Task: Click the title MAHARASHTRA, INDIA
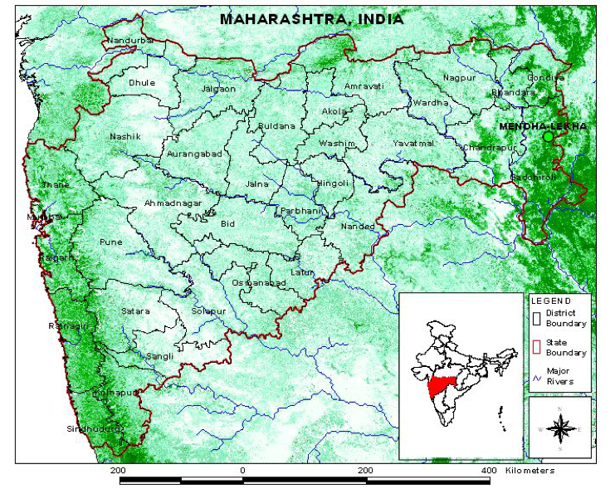pyautogui.click(x=311, y=18)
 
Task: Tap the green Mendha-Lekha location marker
pyautogui.click(x=548, y=136)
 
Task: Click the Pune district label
pyautogui.click(x=110, y=242)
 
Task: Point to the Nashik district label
pyautogui.click(x=125, y=136)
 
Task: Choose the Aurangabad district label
pyautogui.click(x=194, y=154)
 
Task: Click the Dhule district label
pyautogui.click(x=141, y=82)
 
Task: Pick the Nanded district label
pyautogui.click(x=358, y=226)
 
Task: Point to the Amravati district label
pyautogui.click(x=364, y=86)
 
